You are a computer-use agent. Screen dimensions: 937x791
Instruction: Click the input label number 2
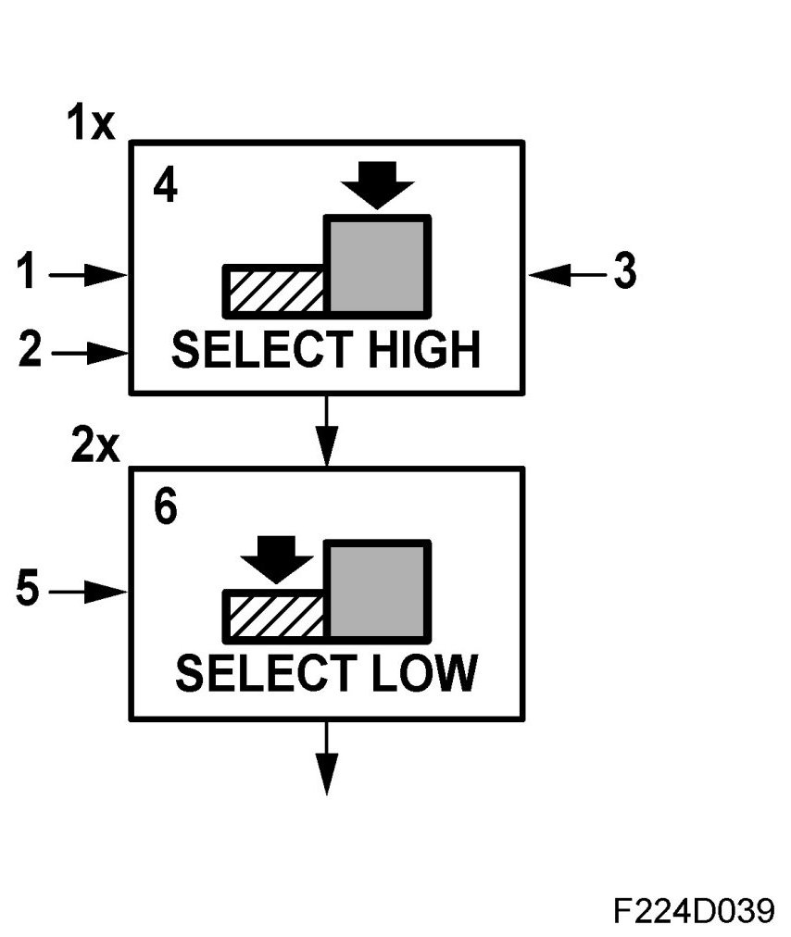30,352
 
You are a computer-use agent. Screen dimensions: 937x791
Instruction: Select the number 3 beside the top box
626,273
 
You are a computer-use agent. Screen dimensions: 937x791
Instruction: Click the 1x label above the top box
90,123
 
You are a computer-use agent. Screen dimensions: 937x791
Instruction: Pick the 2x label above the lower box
95,448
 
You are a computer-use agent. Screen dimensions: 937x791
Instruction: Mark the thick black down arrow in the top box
377,185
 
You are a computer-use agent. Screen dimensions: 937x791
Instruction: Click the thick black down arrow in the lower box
275,559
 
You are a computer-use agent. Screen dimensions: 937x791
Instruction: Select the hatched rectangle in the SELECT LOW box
275,616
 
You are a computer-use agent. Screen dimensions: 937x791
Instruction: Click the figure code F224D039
692,911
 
